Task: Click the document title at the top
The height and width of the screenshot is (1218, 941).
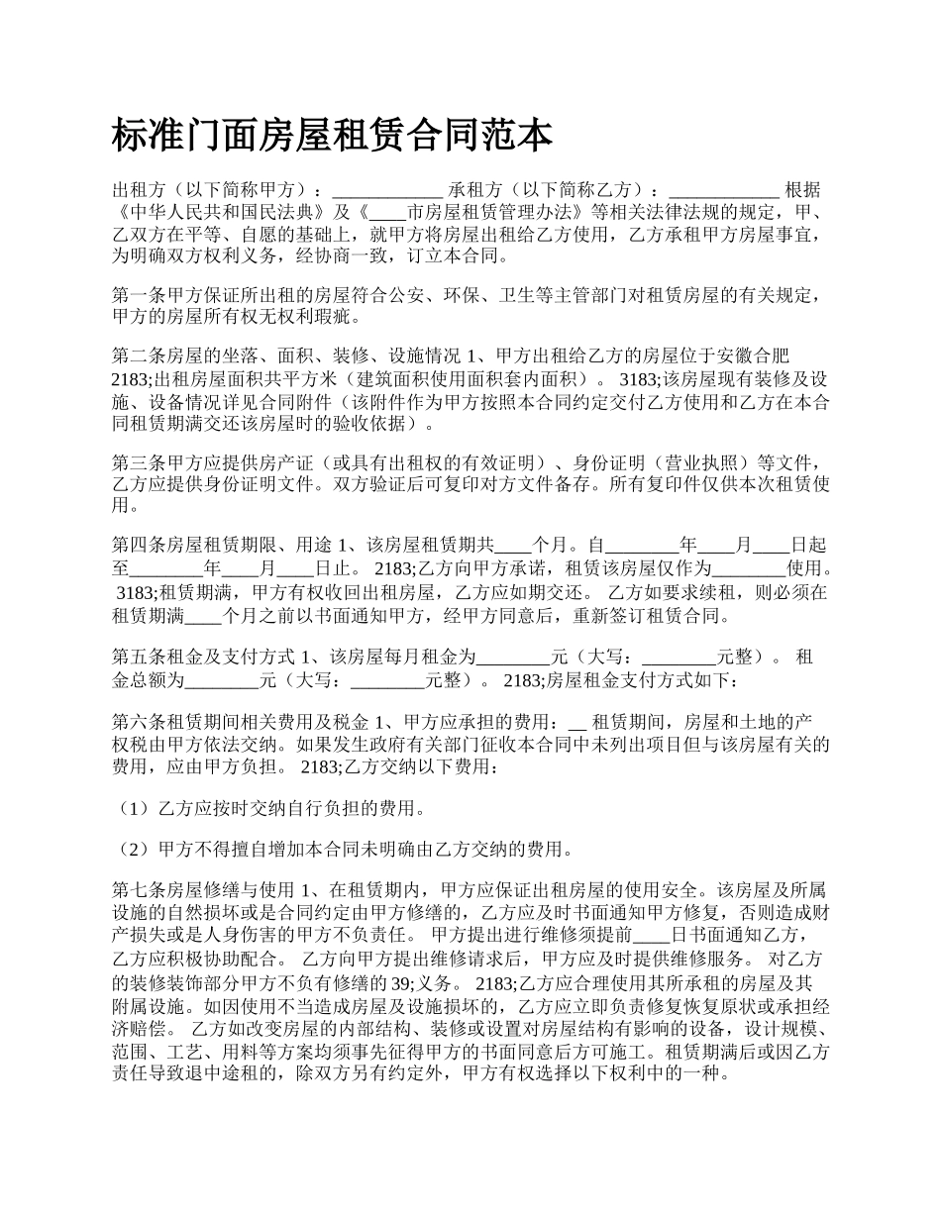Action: click(x=333, y=136)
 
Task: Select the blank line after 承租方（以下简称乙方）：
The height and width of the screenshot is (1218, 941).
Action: click(x=725, y=190)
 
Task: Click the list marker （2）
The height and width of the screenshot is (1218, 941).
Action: click(x=131, y=849)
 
